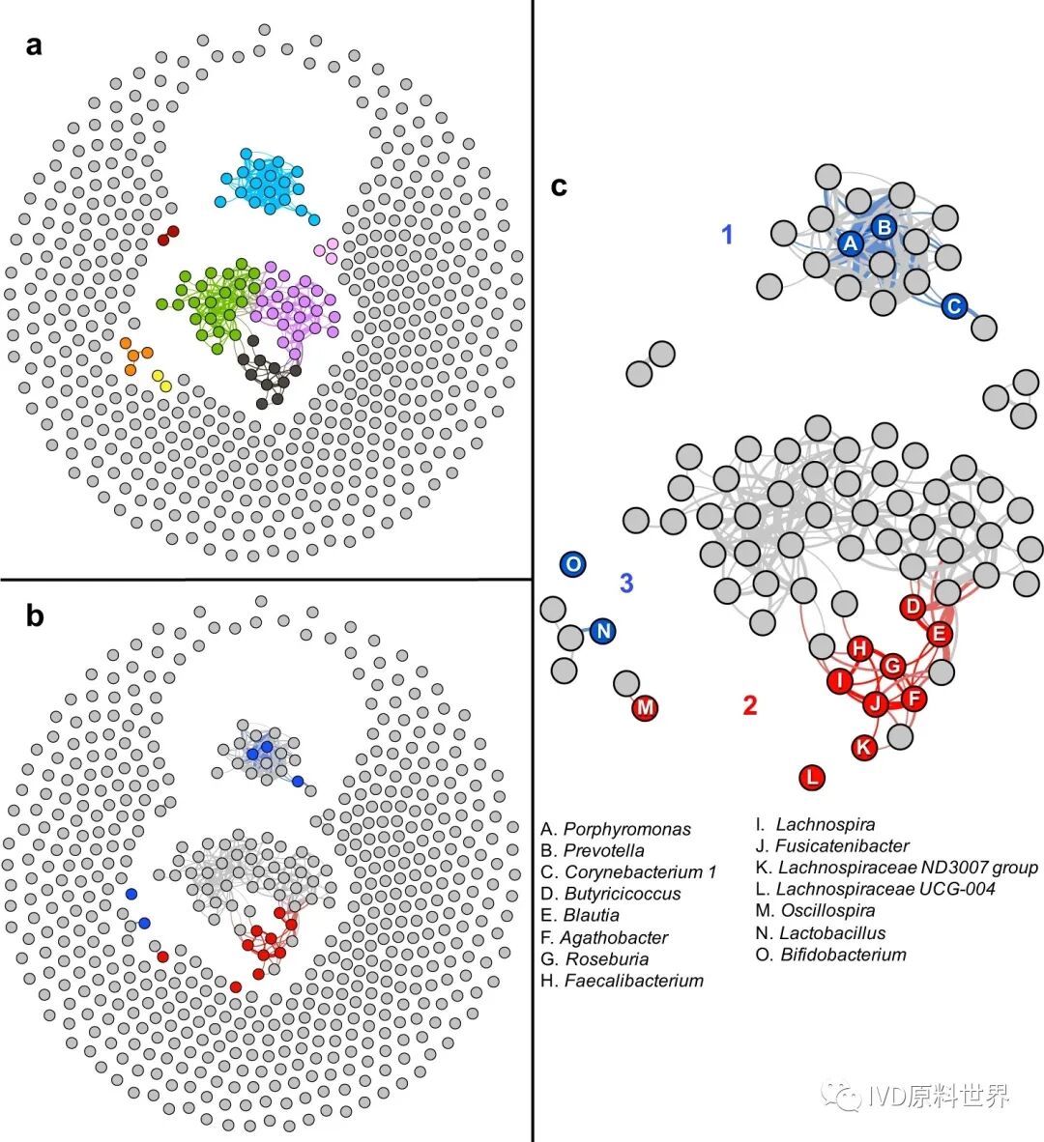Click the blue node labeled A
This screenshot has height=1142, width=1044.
coord(850,243)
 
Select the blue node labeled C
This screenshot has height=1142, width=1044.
coord(953,307)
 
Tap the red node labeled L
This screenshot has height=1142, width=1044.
coord(813,777)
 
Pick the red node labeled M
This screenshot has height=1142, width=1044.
coord(645,707)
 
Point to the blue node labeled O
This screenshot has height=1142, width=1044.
coord(573,564)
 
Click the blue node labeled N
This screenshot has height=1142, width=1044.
coord(603,632)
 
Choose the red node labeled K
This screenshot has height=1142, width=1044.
coord(865,747)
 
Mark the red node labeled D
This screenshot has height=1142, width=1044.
coord(913,608)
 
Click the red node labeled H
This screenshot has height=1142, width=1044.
coord(859,649)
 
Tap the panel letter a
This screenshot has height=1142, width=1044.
coord(35,44)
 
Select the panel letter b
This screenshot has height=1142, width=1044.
coord(35,615)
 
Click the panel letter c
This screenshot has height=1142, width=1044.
coord(559,186)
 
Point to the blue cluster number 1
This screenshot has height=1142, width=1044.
coord(728,234)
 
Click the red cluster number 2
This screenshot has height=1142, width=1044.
coord(749,705)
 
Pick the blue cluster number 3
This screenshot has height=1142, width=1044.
coord(626,584)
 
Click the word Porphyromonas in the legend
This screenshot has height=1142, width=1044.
coord(627,829)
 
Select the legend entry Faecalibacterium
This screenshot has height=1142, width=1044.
coord(634,981)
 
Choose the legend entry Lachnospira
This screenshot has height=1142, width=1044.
coord(826,824)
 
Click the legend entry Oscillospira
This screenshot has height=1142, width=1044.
coord(827,910)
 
